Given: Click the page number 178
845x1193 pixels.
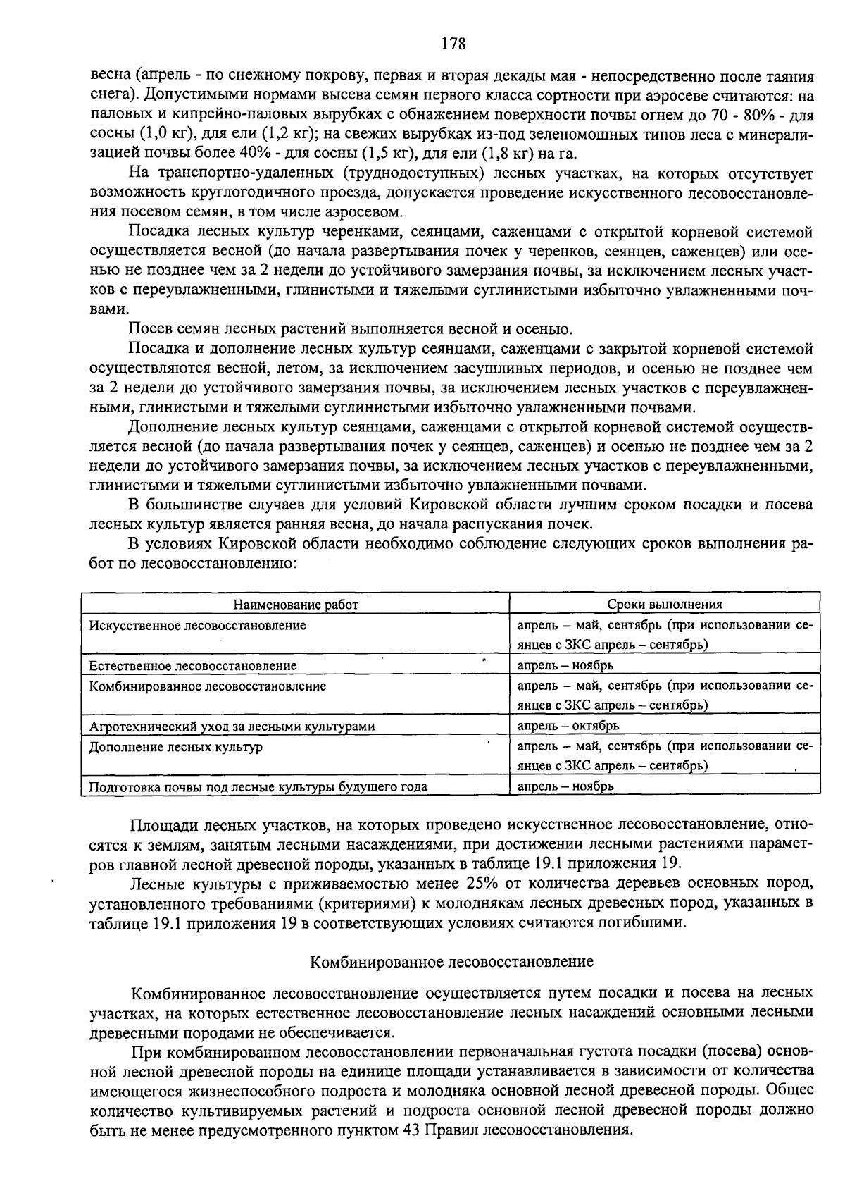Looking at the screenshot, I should point(453,44).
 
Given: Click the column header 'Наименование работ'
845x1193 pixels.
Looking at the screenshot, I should point(295,605).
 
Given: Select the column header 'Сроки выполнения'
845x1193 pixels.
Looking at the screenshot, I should point(665,605).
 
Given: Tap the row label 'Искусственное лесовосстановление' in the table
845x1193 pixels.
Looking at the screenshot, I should point(197,625).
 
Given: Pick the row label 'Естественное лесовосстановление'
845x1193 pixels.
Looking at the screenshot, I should point(192,665).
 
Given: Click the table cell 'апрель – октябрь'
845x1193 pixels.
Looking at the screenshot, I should point(568,726).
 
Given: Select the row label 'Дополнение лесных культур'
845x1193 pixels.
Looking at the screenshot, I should point(175,746).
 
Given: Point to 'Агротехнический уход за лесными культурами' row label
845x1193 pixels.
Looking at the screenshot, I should point(232,726).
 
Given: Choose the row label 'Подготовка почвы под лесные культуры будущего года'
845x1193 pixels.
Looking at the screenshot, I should point(258,786).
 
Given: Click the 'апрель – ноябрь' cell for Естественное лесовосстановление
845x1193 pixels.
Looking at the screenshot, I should point(565,665).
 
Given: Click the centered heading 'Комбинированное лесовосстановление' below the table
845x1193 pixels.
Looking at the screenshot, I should point(453,962).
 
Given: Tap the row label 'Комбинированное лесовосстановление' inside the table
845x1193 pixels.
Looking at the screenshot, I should point(207,686).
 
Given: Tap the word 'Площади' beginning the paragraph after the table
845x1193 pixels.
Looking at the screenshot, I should point(158,824).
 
